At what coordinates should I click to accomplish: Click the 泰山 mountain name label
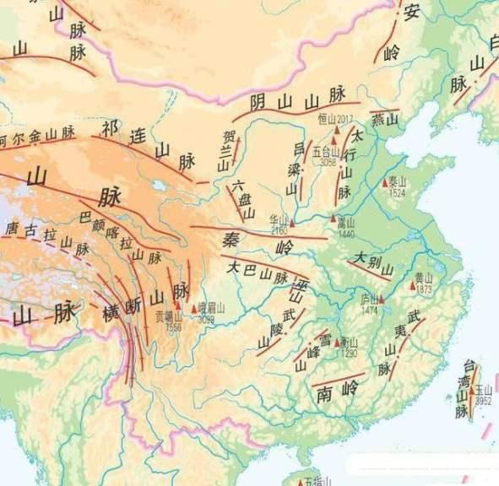(398, 181)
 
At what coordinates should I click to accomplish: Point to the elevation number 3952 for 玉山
(483, 401)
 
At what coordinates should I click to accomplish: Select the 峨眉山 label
(211, 310)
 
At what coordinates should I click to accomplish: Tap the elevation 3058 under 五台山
(328, 162)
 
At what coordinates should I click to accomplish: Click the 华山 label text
(279, 218)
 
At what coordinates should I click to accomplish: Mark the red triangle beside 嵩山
(334, 219)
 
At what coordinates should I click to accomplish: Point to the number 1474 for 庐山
(369, 310)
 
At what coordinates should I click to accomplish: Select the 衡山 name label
(348, 343)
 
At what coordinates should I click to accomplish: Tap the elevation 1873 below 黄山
(424, 289)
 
